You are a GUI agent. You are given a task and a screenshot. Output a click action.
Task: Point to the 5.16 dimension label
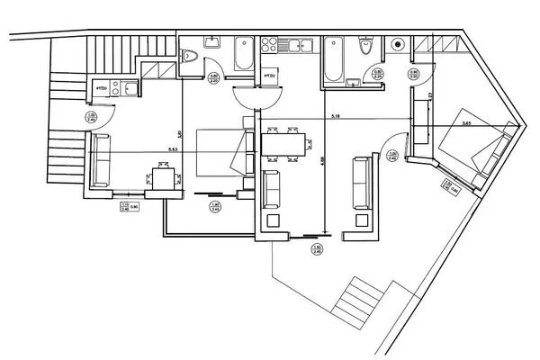point(335,117)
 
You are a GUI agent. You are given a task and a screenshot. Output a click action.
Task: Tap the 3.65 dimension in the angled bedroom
point(466,124)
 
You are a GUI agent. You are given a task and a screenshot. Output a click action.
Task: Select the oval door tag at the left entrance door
point(91,117)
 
